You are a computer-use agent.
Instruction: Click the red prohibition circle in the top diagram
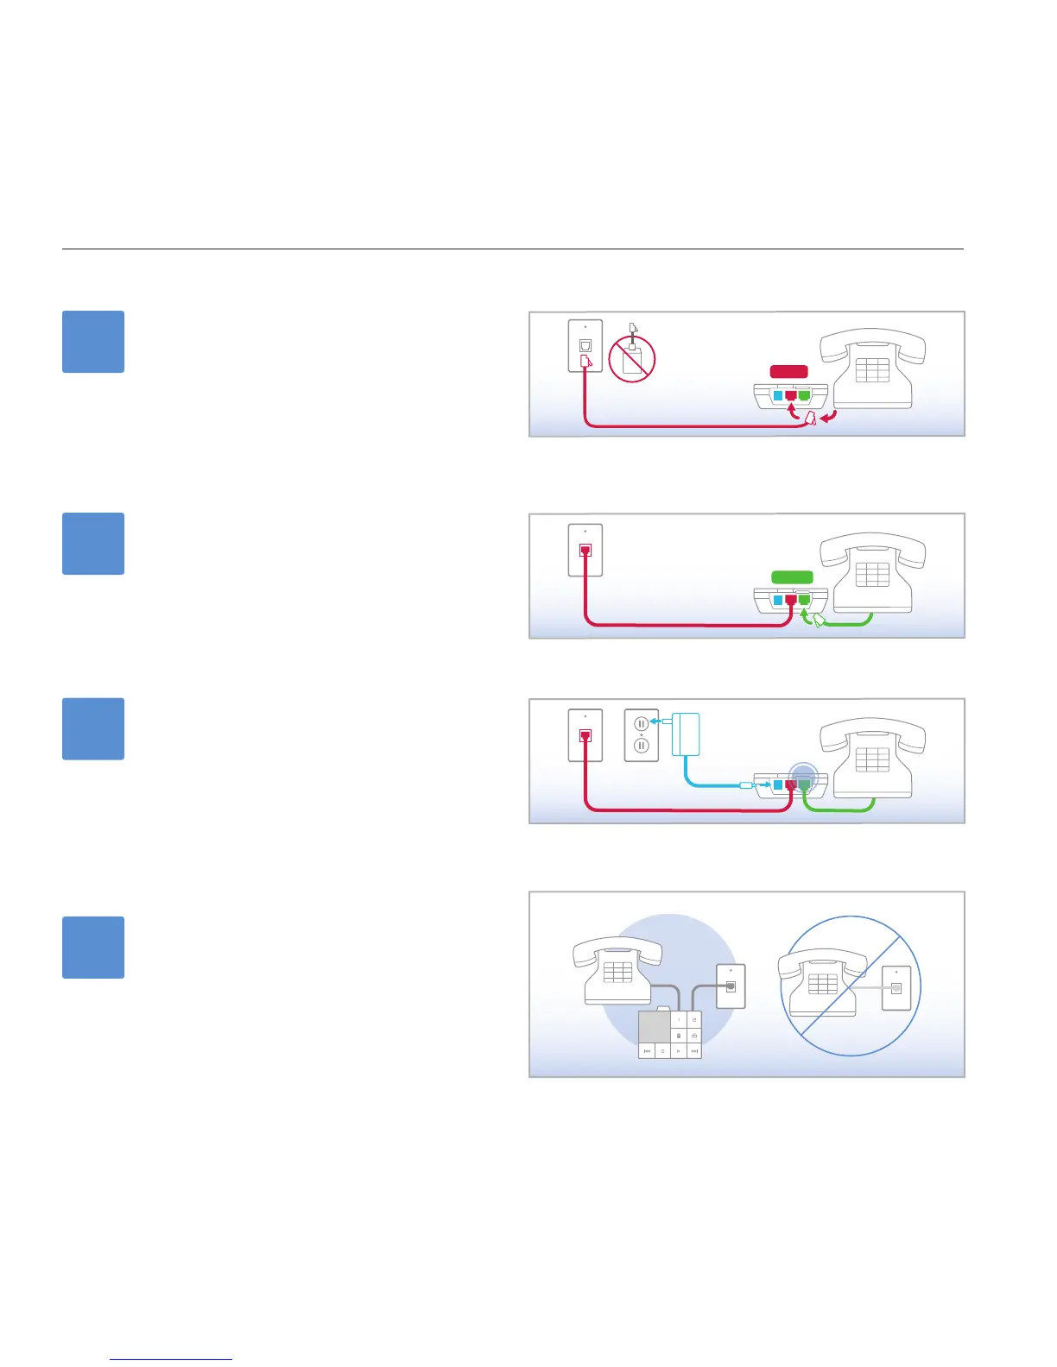pyautogui.click(x=632, y=358)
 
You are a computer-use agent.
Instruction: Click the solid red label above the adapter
pyautogui.click(x=789, y=372)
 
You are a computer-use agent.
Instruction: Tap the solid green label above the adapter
pyautogui.click(x=792, y=577)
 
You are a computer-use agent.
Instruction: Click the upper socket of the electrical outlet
pyautogui.click(x=642, y=724)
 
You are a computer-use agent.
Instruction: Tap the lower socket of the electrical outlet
pyautogui.click(x=642, y=745)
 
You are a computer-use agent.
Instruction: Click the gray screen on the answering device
pyautogui.click(x=655, y=1027)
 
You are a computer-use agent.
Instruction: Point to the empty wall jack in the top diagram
pyautogui.click(x=585, y=346)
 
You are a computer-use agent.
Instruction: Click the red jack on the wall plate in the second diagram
pyautogui.click(x=585, y=550)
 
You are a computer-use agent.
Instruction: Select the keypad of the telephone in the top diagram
pyautogui.click(x=872, y=370)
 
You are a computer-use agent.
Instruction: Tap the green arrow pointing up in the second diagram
pyautogui.click(x=806, y=616)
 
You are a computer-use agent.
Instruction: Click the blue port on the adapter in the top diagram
pyautogui.click(x=777, y=396)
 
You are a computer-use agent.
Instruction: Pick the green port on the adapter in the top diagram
pyautogui.click(x=804, y=396)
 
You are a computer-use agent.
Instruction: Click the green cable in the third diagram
pyautogui.click(x=838, y=810)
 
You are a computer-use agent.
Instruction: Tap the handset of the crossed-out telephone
pyautogui.click(x=821, y=961)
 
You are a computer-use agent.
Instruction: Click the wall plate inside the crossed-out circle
pyautogui.click(x=896, y=988)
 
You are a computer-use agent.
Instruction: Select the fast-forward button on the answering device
pyautogui.click(x=694, y=1051)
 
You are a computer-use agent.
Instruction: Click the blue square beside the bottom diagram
pyautogui.click(x=93, y=947)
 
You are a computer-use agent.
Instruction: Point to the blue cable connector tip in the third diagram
pyautogui.click(x=748, y=785)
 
